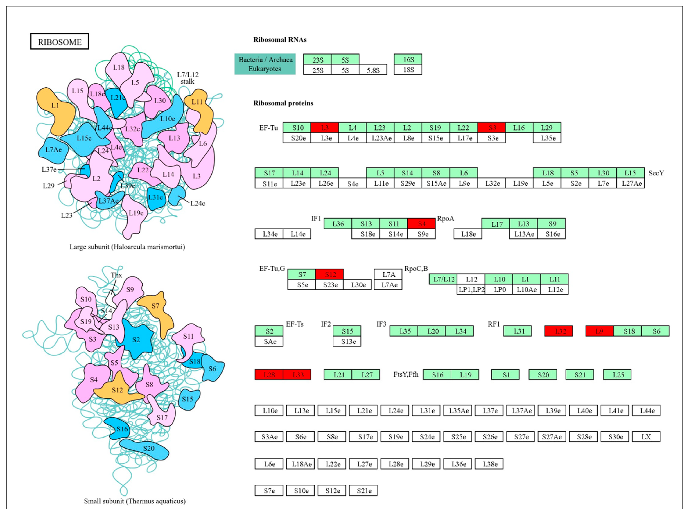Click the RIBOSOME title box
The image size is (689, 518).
[x=60, y=42]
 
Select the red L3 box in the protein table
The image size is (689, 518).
[x=325, y=128]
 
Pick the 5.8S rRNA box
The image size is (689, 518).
[x=373, y=70]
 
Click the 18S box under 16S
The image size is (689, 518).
[x=408, y=70]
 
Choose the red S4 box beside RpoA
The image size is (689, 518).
[x=421, y=224]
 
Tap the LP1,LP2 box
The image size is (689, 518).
[x=471, y=289]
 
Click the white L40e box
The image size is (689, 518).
[x=584, y=411]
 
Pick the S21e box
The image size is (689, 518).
[x=363, y=491]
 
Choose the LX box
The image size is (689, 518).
[x=646, y=437]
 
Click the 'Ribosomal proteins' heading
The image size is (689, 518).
[x=283, y=103]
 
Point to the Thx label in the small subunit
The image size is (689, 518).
[x=116, y=275]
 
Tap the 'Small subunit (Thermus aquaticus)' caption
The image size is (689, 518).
[x=134, y=501]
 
